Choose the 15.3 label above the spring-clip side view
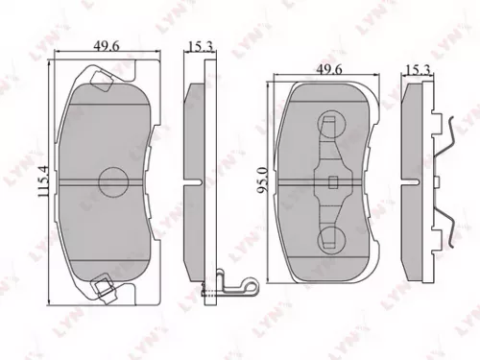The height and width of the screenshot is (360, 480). pos(418,69)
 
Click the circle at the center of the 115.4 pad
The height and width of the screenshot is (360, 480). pos(113,180)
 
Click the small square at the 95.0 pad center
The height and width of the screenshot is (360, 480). pos(332,182)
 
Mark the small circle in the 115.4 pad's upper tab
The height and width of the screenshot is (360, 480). pos(98,78)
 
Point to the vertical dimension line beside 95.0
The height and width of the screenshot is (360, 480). pos(271,182)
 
